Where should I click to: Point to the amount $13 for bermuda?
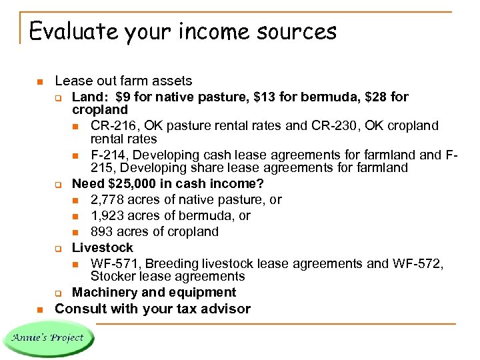coord(265,97)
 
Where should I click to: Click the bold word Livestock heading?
coord(102,247)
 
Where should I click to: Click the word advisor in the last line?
coord(226,309)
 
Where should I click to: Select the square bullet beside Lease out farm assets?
coord(39,82)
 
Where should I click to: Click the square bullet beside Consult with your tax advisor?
coord(39,309)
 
